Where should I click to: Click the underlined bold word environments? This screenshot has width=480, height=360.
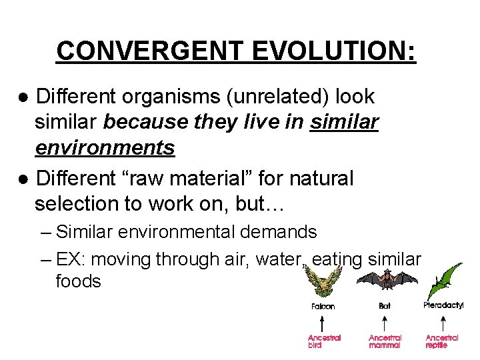point(105,147)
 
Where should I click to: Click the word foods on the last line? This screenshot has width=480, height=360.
point(78,281)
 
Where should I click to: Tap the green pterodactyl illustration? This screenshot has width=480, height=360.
point(445,279)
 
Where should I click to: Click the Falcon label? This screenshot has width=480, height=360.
point(323,307)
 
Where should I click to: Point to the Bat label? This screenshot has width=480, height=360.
point(385,306)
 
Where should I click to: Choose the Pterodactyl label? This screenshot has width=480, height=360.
point(443,305)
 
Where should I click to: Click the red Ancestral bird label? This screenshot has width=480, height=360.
point(324,341)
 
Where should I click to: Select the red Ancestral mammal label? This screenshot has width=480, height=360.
point(385,341)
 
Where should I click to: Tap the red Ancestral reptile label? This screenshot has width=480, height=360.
point(443,341)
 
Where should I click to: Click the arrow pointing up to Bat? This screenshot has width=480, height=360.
point(385,322)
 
